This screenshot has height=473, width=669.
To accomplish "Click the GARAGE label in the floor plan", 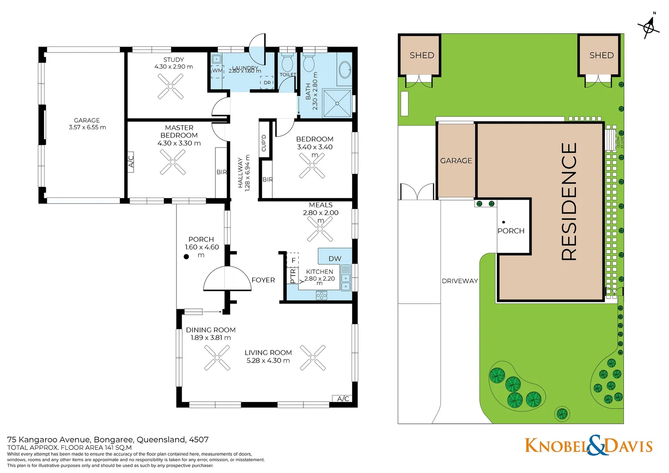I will click(87, 120).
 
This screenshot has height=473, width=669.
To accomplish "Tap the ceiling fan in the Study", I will click(170, 86).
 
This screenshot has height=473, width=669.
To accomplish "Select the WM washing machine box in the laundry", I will click(217, 71).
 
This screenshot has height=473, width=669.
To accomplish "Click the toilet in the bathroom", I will click(309, 63).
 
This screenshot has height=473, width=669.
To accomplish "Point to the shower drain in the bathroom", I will click(337, 103).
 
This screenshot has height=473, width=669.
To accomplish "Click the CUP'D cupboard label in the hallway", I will click(264, 143).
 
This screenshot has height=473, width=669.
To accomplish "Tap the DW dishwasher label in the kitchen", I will click(334, 258).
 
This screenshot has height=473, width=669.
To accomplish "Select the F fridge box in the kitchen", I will click(293, 260).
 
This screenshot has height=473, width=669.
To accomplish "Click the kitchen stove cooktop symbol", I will click(321, 295).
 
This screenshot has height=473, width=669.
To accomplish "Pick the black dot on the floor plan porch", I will click(187, 257).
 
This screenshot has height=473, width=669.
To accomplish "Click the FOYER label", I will click(263, 280).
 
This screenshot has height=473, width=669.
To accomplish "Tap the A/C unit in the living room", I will click(343, 399).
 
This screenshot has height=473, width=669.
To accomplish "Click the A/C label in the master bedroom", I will click(130, 161).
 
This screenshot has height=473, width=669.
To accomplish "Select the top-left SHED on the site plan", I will click(421, 55).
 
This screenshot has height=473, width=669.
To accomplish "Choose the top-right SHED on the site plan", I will click(601, 55).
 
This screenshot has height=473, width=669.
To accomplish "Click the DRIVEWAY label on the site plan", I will click(460, 281).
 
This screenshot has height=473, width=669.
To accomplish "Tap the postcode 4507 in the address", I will click(198, 440).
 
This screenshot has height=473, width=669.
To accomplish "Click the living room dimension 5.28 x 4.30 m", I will click(268, 361).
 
